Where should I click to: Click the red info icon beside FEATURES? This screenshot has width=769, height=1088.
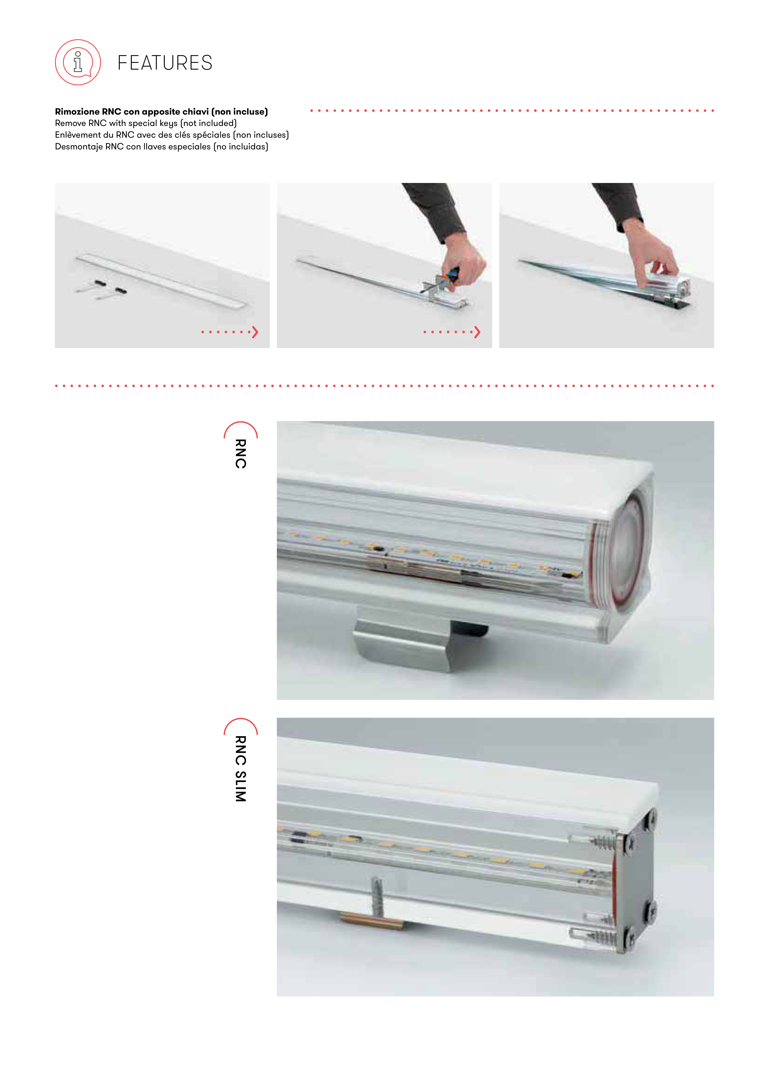[x=78, y=62]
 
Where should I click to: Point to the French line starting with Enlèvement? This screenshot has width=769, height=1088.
[x=172, y=135]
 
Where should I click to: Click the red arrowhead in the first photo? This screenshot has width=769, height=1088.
[x=255, y=332]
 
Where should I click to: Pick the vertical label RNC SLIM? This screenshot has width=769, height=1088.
[x=241, y=769]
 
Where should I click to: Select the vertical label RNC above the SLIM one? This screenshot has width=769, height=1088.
[x=241, y=453]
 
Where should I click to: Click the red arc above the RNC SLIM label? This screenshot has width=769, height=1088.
[x=241, y=725]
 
